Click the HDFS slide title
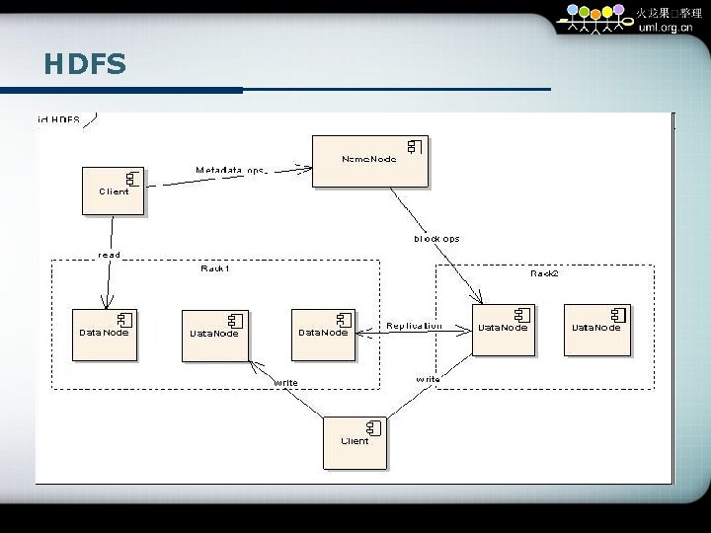(85, 65)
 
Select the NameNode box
(370, 161)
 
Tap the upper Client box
(114, 190)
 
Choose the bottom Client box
(355, 442)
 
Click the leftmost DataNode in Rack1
(104, 335)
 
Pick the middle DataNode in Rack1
(214, 336)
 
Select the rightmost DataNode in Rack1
(323, 335)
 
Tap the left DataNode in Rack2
(503, 330)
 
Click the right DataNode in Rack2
(597, 330)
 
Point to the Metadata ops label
(230, 170)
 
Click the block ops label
(435, 238)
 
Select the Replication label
(414, 325)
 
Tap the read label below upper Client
(109, 255)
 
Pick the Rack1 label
(215, 267)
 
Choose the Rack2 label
(544, 272)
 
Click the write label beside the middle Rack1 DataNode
(286, 383)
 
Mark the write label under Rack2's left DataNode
(428, 379)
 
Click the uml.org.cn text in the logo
(666, 28)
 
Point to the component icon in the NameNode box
(416, 146)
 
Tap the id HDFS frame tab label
(59, 119)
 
